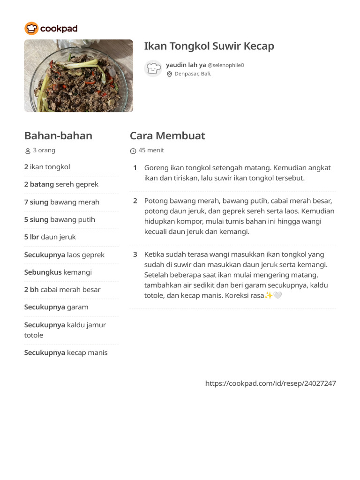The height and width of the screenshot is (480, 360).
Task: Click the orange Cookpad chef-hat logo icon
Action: click(x=31, y=29)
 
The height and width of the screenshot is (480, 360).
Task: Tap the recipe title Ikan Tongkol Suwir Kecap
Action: click(x=209, y=46)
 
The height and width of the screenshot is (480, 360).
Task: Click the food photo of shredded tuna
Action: click(x=78, y=75)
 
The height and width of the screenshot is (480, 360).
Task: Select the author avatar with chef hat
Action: click(x=153, y=68)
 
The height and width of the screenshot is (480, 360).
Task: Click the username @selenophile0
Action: click(x=225, y=65)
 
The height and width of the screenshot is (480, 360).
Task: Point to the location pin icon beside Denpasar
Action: click(x=169, y=74)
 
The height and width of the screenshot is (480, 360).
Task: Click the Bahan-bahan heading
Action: click(x=58, y=136)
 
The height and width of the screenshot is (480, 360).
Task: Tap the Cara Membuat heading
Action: click(x=167, y=136)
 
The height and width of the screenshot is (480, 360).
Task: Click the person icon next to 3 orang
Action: click(x=28, y=151)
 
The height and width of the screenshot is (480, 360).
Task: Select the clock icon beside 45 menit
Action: click(x=133, y=151)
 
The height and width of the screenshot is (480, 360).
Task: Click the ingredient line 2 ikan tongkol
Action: click(x=47, y=167)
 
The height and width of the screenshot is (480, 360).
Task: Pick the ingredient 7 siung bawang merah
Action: click(x=61, y=202)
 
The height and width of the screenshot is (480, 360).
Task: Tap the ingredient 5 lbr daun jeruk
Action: click(x=50, y=237)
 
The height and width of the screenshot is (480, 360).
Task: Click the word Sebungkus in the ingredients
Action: click(x=43, y=272)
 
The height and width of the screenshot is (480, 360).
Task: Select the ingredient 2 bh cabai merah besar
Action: click(x=62, y=290)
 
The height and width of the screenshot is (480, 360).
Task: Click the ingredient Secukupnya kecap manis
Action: click(x=66, y=352)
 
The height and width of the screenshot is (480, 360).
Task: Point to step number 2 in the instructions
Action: click(x=135, y=201)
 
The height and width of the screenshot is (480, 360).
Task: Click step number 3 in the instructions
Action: click(x=135, y=255)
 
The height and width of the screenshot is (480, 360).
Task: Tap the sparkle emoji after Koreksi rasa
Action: click(x=269, y=296)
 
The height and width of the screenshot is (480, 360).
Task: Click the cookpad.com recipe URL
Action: click(x=270, y=383)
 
